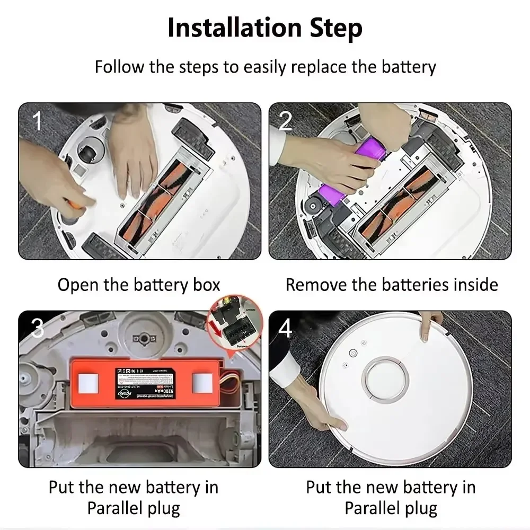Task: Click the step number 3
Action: [x=37, y=329]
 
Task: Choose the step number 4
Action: [x=286, y=329]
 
